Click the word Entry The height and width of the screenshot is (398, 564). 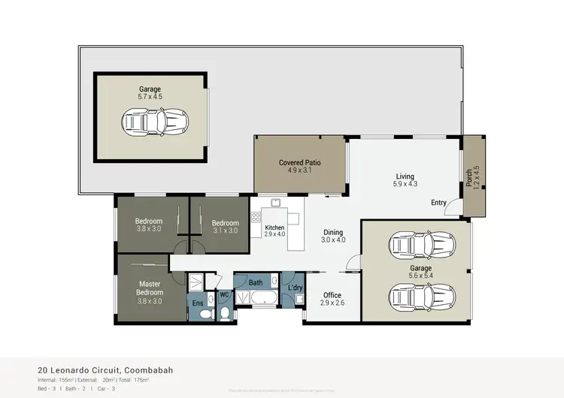point(439,204)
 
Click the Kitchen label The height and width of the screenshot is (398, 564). point(274,227)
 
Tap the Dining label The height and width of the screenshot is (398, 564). point(332,232)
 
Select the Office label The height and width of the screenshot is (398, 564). point(332,295)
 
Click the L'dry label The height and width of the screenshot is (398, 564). point(296,288)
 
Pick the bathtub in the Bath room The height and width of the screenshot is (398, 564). point(254,300)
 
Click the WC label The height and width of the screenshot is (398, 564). point(223,294)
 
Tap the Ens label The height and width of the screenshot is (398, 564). point(198,303)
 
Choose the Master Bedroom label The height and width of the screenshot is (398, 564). point(149,287)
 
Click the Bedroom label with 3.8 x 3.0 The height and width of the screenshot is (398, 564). point(149,221)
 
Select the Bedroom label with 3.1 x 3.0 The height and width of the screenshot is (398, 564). point(225,223)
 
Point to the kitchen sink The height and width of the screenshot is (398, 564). point(276,203)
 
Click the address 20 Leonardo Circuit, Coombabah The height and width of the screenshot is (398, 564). point(102,369)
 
